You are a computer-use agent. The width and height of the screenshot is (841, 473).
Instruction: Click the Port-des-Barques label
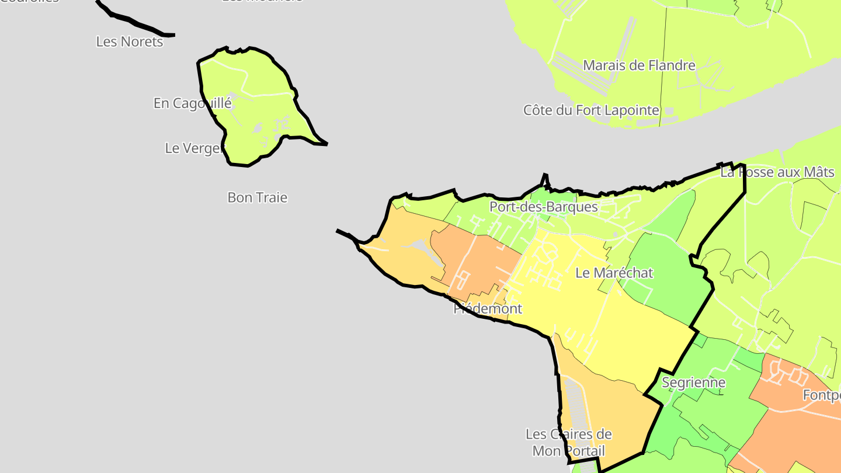tap(543, 207)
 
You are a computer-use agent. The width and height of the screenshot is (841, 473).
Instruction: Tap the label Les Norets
tap(129, 41)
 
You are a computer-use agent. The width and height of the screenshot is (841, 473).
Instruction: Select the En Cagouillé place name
tap(192, 103)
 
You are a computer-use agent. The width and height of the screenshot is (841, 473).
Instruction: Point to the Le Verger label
tap(194, 148)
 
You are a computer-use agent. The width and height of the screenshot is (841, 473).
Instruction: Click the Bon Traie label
tap(257, 197)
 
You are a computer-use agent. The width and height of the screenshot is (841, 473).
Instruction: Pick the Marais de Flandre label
tap(639, 65)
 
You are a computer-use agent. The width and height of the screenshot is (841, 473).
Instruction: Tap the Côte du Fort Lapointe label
tap(591, 110)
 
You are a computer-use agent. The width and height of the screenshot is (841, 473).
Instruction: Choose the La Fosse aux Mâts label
tap(777, 172)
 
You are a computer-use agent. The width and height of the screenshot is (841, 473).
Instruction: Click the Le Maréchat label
tap(614, 273)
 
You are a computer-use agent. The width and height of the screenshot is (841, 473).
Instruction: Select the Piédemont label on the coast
tap(488, 308)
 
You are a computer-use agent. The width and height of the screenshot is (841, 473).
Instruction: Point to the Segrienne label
tap(693, 382)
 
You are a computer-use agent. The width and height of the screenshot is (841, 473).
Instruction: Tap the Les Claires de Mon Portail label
tap(568, 442)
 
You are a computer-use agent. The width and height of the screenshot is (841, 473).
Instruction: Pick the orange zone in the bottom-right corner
tap(800, 420)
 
